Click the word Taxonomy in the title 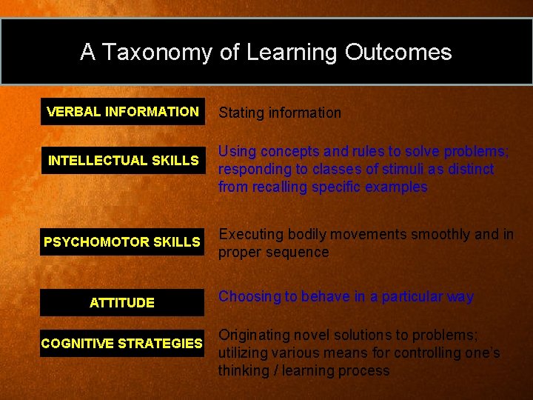156,53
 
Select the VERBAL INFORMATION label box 122,112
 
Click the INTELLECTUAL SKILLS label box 123,160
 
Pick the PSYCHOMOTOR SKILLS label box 122,242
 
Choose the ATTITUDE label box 122,302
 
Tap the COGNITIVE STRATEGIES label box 122,344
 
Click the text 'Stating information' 280,113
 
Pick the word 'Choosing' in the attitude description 247,297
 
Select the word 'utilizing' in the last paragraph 242,353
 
